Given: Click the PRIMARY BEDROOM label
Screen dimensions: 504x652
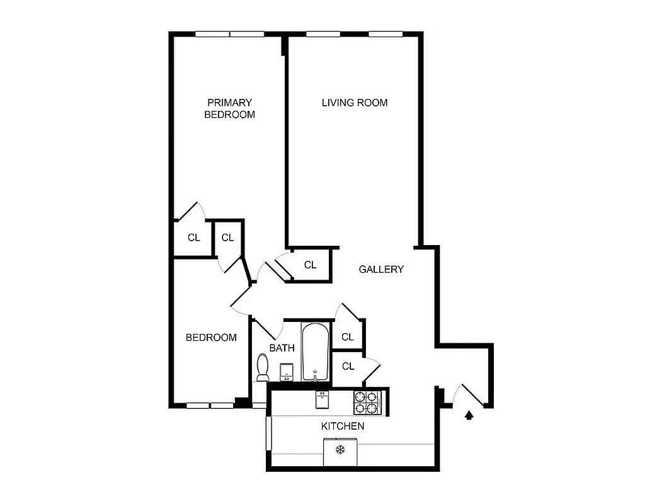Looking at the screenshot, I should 229,108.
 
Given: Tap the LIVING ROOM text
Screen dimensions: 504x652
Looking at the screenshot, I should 354,103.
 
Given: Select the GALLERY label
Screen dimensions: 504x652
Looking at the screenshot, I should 381,270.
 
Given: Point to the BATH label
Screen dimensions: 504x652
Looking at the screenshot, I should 282,348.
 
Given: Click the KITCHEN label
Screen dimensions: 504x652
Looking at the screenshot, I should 342,427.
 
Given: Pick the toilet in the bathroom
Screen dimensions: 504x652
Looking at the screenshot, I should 263,367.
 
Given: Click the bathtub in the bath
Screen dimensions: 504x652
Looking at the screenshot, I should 314,352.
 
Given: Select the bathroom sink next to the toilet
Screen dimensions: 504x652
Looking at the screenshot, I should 287,372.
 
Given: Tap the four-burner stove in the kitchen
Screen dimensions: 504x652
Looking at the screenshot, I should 367,402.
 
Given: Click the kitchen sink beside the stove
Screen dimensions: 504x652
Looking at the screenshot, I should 323,399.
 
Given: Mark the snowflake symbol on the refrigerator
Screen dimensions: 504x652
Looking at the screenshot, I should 340,450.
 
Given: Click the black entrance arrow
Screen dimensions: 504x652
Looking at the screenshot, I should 468,415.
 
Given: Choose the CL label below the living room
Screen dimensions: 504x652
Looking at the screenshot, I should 310,265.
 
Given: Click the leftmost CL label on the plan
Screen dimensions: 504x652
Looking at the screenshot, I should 193,238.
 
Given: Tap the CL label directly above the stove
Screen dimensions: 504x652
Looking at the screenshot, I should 348,366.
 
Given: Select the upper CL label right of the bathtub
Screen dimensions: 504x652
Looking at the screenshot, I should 347,337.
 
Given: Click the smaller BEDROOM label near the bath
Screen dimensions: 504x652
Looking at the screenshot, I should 211,338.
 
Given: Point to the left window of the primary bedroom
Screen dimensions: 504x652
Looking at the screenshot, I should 212,34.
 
